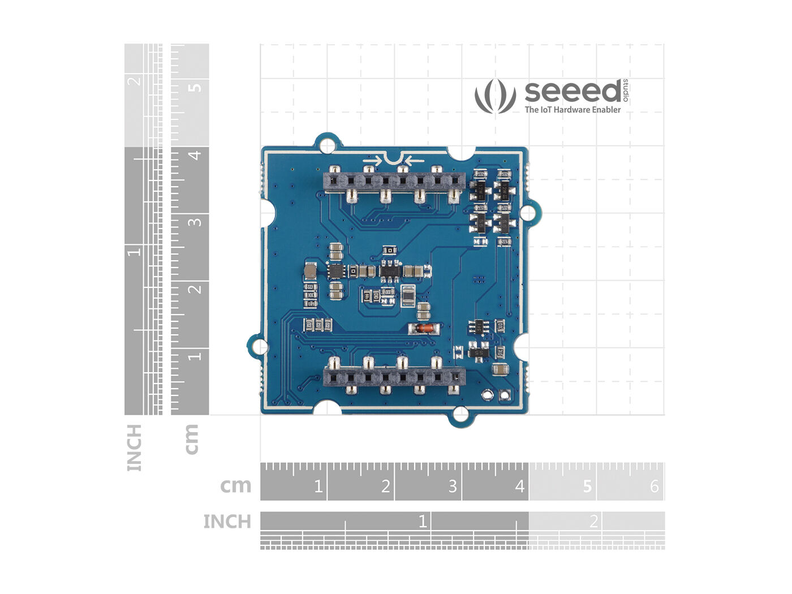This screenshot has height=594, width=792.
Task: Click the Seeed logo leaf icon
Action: coord(496,96)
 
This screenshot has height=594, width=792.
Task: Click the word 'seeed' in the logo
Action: coord(573,91)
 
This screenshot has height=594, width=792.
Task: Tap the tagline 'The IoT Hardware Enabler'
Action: coord(572,110)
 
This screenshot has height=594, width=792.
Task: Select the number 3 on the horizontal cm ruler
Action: coord(452,486)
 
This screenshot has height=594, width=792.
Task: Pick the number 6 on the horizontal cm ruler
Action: coord(654,486)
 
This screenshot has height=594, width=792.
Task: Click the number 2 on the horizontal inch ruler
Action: coord(593,521)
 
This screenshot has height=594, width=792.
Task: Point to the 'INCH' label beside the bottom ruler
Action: coord(227,522)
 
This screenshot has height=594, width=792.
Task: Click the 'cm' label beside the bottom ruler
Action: coord(235,485)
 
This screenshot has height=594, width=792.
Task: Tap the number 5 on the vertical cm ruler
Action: coord(195,88)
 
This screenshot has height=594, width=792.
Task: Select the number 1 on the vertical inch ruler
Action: coord(134,249)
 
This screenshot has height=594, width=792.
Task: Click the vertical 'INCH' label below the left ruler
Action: coord(134,447)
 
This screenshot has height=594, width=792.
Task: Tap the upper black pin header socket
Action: coord(394,182)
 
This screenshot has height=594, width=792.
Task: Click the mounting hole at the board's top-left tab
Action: coord(327,145)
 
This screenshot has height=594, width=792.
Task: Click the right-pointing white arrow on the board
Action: coord(372,161)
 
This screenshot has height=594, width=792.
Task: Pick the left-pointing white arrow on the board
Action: coord(414,161)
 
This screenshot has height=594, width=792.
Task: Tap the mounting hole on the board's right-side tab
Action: coord(527,213)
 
